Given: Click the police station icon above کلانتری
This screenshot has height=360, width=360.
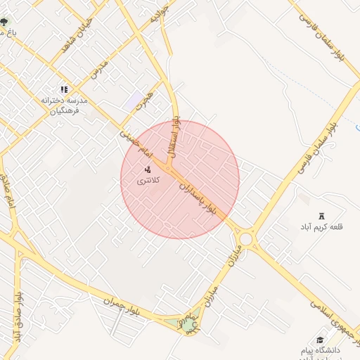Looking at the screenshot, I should pyautogui.click(x=148, y=169).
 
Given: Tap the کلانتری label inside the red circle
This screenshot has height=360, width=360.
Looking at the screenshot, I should pyautogui.click(x=148, y=181).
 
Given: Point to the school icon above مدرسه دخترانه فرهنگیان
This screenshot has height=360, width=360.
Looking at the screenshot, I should pyautogui.click(x=64, y=89).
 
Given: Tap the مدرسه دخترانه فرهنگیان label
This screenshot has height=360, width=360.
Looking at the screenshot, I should pyautogui.click(x=64, y=105).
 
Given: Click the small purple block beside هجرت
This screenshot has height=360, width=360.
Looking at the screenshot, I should pyautogui.click(x=133, y=101).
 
